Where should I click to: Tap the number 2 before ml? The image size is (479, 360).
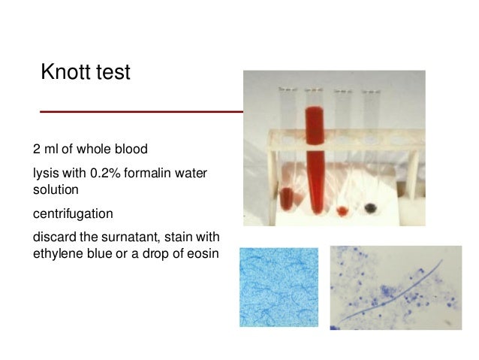coord(37,147)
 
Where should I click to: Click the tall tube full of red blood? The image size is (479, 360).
coord(315,150)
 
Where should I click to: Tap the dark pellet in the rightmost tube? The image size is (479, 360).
coord(369,207)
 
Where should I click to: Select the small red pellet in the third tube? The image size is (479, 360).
coord(343,210)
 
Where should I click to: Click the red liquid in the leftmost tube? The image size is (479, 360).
coord(287,198)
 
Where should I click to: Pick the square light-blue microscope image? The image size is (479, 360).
coord(279,287)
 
